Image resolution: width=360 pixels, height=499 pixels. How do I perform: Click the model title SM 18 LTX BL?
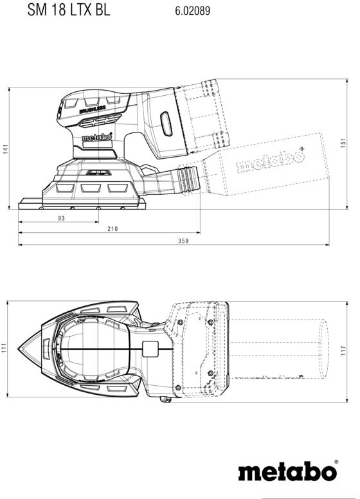point(69,10)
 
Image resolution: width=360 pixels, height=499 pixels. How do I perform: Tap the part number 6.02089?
point(192,10)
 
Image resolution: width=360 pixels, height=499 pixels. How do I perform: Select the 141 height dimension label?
point(6,149)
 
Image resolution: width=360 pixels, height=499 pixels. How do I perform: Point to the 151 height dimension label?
point(343,143)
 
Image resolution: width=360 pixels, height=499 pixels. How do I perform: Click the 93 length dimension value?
point(61,218)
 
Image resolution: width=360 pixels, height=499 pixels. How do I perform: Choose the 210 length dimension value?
point(113,228)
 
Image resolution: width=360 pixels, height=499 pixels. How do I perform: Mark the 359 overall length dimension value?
point(183,241)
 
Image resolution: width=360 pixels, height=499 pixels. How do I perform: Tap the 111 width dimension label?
point(4,349)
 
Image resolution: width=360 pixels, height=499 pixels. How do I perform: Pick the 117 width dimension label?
point(343,350)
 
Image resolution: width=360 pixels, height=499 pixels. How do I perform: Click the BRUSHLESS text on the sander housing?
point(92,110)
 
